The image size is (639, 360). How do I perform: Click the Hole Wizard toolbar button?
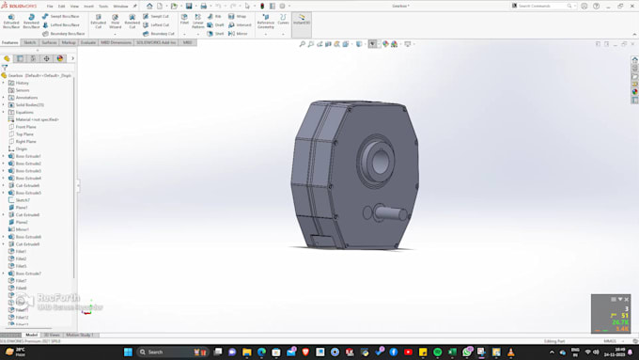115,22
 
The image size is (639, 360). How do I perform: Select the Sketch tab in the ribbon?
30,42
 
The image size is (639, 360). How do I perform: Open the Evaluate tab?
88,42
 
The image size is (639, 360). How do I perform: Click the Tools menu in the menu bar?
103,6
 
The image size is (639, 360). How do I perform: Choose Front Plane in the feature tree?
25,127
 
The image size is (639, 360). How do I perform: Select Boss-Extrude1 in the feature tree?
27,156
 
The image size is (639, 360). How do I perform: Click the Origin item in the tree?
22,149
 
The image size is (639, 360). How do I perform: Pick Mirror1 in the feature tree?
22,229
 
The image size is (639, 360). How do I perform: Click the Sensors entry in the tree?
23,90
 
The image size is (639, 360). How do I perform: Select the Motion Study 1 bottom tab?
80,335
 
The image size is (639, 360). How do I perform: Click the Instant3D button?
302,21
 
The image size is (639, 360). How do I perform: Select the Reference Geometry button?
266,23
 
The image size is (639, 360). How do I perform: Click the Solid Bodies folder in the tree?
28,104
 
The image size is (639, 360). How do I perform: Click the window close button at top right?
632,5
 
